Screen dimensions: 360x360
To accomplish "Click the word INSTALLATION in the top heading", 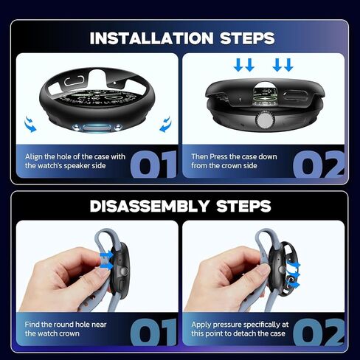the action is click(151, 38).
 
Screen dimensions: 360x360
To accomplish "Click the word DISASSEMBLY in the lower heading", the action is click(150, 206).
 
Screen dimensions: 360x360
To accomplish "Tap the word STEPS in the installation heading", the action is click(247, 38).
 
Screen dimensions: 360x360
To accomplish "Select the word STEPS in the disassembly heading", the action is click(243, 206).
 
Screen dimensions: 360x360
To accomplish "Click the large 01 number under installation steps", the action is click(153, 164).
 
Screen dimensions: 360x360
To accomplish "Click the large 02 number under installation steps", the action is click(319, 164).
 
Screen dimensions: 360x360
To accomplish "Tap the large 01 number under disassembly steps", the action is click(153, 332).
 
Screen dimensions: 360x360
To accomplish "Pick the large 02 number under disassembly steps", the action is click(319, 332).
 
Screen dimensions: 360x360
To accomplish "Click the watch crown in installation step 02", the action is click(264, 121).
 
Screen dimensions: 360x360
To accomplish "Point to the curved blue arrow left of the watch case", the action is click(30, 124).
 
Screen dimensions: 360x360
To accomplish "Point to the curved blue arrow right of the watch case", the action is click(165, 124).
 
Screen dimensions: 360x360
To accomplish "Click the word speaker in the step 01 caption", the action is click(77, 166).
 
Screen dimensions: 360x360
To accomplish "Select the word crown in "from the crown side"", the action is click(229, 166).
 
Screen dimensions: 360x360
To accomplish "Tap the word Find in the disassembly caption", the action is click(32, 325).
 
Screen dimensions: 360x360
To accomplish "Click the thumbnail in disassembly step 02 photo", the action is click(263, 271).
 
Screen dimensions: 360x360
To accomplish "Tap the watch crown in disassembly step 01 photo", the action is click(124, 271).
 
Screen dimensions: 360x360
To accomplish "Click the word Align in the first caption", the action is click(34, 157).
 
